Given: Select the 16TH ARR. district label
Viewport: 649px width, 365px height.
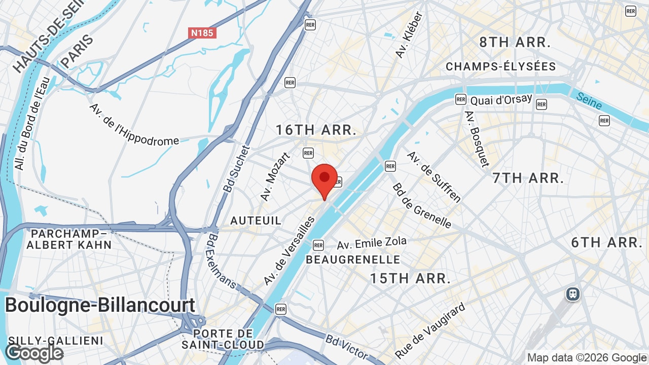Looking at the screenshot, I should [316, 130].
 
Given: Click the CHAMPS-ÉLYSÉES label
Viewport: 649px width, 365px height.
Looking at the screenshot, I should [500, 66].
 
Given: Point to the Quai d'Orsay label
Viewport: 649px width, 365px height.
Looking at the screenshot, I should [501, 99].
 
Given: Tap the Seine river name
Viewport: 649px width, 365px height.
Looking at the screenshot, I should [589, 100].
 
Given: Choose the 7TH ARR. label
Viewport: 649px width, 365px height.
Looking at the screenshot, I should [528, 178].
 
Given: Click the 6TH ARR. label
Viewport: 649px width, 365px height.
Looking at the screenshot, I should [607, 242].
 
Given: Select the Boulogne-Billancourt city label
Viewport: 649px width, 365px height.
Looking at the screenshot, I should [100, 305].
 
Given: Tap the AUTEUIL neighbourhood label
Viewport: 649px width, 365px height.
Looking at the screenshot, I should [256, 221].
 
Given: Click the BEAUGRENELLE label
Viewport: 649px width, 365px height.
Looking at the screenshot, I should [353, 260].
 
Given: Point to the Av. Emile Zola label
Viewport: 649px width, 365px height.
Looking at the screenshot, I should [372, 243].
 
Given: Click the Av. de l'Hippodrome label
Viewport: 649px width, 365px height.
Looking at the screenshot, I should [134, 125].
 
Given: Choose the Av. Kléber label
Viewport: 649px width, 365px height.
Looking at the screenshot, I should [408, 35].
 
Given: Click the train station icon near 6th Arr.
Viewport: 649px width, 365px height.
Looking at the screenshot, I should [573, 294].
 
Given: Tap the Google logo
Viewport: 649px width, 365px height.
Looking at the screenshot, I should [34, 353].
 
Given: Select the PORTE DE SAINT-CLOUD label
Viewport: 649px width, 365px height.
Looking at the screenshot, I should [223, 339].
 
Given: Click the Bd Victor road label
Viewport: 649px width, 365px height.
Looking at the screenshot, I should [347, 346].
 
